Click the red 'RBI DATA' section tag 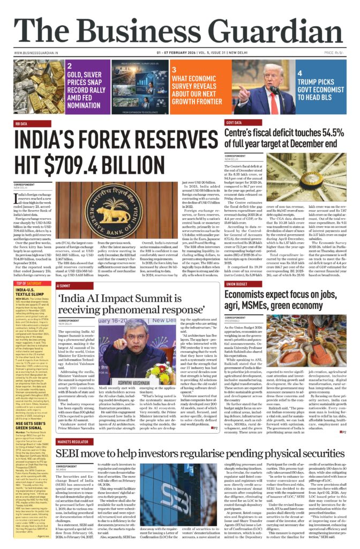23,123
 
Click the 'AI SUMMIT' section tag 63,286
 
